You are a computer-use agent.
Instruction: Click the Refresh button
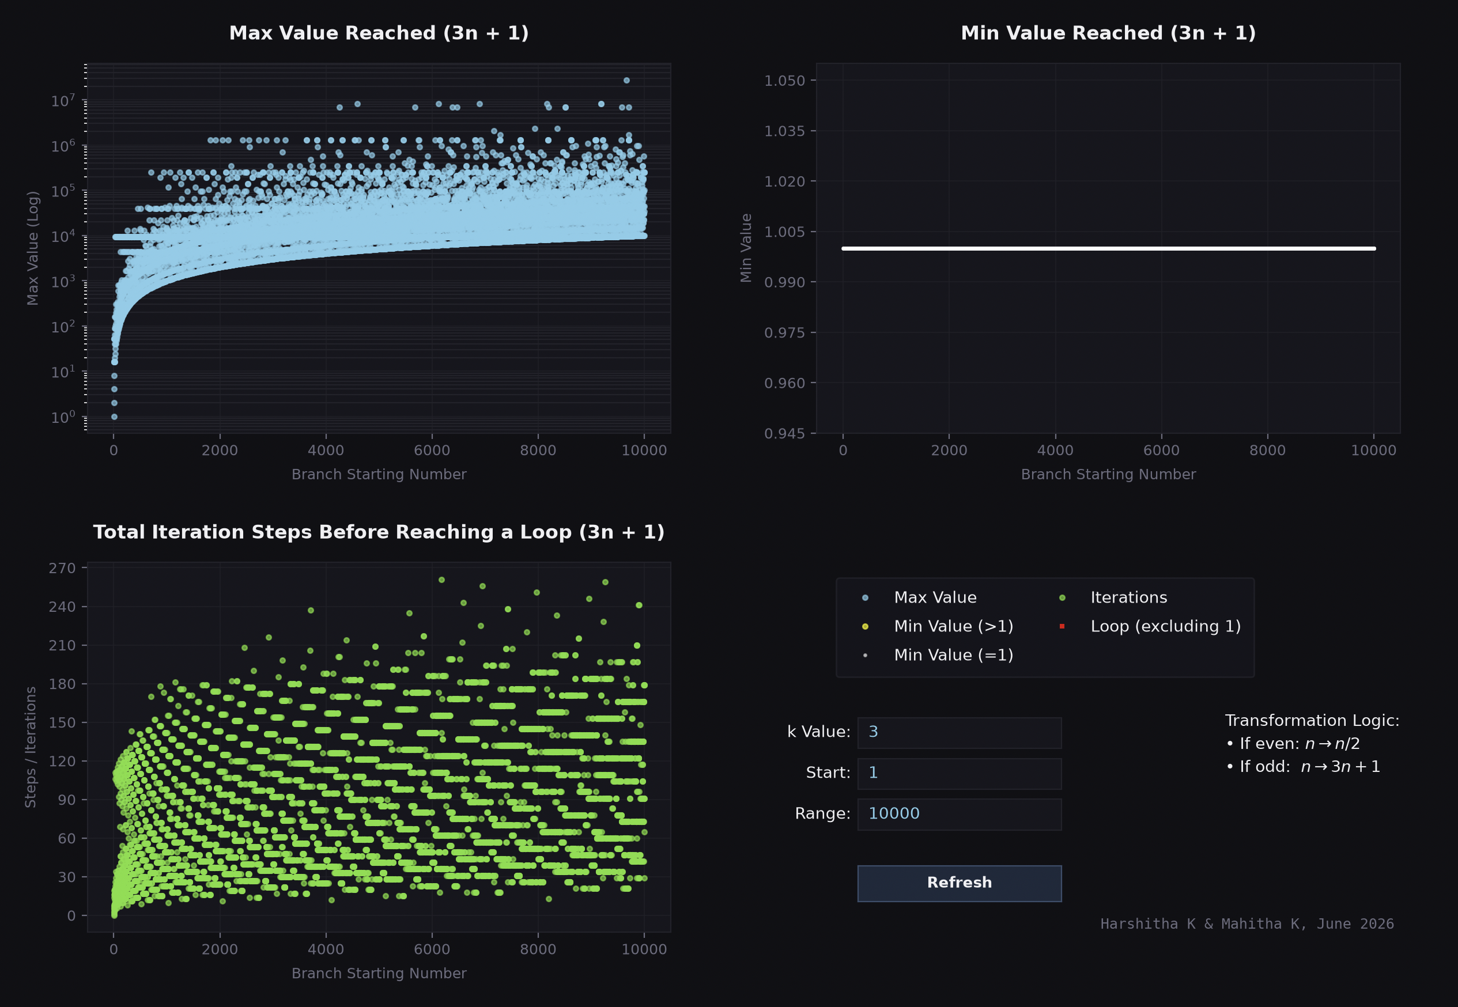(x=960, y=883)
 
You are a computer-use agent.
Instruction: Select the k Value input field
(x=960, y=733)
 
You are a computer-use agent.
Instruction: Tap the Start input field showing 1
(x=960, y=774)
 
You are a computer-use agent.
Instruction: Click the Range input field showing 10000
(x=960, y=815)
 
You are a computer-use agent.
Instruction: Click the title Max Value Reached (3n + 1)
(x=379, y=33)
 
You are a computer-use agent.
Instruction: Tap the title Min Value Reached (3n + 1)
(x=1108, y=33)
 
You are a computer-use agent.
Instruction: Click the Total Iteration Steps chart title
(x=379, y=532)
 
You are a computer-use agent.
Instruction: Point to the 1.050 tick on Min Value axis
(x=784, y=81)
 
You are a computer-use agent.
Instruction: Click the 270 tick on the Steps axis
(x=62, y=568)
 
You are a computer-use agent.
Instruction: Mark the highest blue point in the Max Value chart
(x=627, y=80)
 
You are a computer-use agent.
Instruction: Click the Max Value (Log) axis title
(x=33, y=248)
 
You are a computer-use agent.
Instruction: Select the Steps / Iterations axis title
(x=31, y=747)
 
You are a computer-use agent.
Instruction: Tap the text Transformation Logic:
(x=1312, y=721)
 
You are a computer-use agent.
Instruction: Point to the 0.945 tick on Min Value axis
(x=784, y=433)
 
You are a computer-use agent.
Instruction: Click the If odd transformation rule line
(x=1304, y=767)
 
